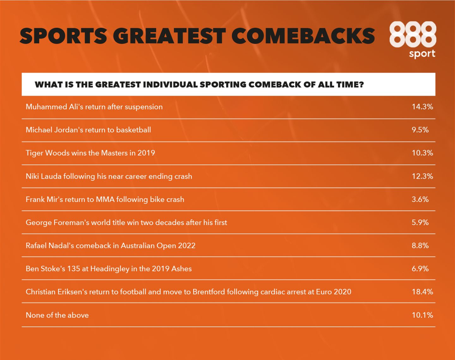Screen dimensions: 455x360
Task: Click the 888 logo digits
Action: click(x=413, y=34)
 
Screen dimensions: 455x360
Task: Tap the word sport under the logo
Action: click(x=422, y=54)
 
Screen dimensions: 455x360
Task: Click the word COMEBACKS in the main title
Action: click(x=303, y=36)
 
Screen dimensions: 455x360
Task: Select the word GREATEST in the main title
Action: click(x=169, y=36)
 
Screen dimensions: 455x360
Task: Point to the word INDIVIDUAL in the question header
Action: click(x=170, y=84)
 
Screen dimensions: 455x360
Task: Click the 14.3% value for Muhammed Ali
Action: click(x=422, y=107)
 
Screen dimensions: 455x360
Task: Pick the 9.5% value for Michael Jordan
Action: click(x=420, y=130)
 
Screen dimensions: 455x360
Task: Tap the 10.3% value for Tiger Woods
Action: click(x=422, y=153)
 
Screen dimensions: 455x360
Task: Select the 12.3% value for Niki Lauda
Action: click(x=422, y=176)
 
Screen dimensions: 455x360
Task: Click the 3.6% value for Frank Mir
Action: click(x=420, y=199)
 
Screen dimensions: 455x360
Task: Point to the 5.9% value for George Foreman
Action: click(x=420, y=222)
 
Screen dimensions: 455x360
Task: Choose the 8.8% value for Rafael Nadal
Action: click(x=420, y=245)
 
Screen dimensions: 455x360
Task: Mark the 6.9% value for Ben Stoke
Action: click(x=420, y=268)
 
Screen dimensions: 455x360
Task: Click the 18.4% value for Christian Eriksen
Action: click(x=422, y=292)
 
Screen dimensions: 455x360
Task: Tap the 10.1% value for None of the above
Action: click(x=422, y=315)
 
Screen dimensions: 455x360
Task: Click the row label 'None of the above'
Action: click(x=57, y=315)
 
